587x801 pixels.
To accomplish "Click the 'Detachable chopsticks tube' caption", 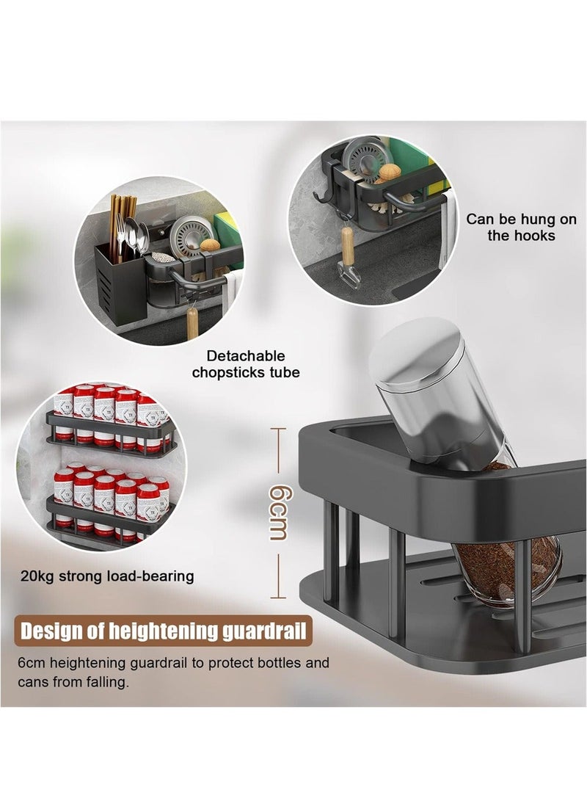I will click(x=246, y=364).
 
